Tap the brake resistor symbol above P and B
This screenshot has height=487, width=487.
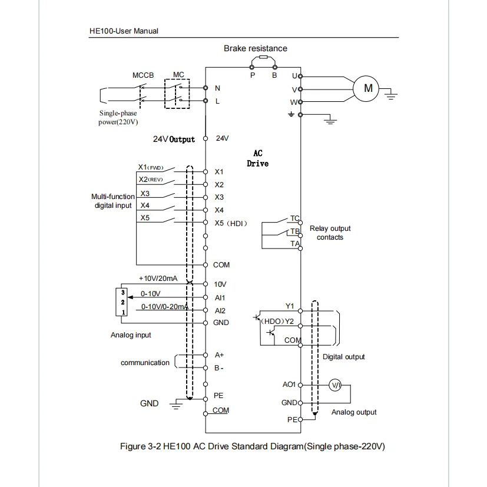click(263, 57)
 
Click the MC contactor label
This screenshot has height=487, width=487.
click(178, 75)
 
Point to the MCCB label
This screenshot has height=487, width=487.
click(143, 75)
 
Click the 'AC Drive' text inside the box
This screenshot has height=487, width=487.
click(257, 158)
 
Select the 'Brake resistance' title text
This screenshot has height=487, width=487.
click(256, 48)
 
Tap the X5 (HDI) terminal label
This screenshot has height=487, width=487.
click(231, 223)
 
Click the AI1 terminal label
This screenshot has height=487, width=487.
click(220, 297)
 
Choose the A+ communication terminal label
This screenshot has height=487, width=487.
click(219, 355)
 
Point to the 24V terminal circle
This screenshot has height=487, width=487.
click(206, 138)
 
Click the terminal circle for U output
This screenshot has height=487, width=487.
click(300, 77)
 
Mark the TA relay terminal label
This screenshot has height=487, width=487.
click(295, 244)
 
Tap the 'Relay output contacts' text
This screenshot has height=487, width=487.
click(330, 233)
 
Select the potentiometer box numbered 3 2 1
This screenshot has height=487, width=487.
click(121, 302)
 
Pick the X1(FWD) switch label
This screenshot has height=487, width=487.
click(151, 167)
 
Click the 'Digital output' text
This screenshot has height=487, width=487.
click(343, 356)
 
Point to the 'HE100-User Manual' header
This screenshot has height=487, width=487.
click(124, 31)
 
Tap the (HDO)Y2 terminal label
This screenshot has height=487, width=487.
click(277, 321)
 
